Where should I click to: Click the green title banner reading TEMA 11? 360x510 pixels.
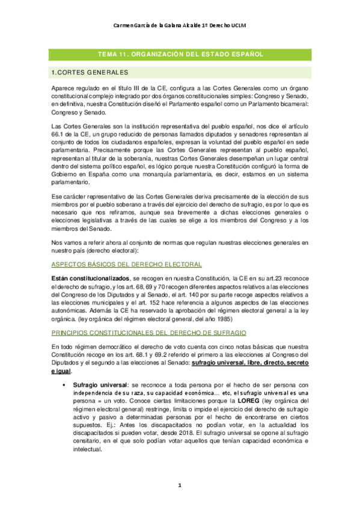(180, 54)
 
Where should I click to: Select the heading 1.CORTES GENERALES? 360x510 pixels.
(90, 73)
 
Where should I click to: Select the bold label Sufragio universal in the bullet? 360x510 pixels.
(98, 383)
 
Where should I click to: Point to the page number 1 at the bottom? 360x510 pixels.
(179, 485)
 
